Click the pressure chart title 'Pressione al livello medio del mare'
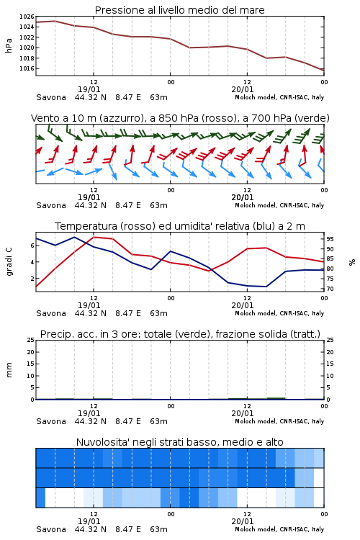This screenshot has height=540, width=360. tap(179, 10)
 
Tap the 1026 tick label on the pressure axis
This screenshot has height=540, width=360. tap(27, 17)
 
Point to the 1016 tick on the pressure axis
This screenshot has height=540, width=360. tap(27, 68)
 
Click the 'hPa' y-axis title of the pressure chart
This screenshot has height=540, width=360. tap(9, 46)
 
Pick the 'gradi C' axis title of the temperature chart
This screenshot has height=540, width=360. tap(9, 261)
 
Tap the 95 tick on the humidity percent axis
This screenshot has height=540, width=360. tap(330, 239)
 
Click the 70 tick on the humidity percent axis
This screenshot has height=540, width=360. tap(330, 289)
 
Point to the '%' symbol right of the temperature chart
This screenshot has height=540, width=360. tap(352, 262)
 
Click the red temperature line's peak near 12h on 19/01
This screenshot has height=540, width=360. tap(94, 237)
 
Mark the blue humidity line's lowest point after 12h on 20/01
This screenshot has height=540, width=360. tap(266, 287)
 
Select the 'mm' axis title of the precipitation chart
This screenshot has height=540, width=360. tap(9, 370)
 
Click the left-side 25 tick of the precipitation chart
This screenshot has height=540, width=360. tap(31, 340)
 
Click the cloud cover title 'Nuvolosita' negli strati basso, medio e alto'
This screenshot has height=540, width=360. tap(179, 442)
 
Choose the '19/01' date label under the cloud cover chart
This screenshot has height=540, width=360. tap(89, 521)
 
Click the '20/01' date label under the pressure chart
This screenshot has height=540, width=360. tap(243, 89)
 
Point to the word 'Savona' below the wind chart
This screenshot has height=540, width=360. tap(51, 205)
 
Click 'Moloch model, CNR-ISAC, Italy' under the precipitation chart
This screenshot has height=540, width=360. tap(279, 421)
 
